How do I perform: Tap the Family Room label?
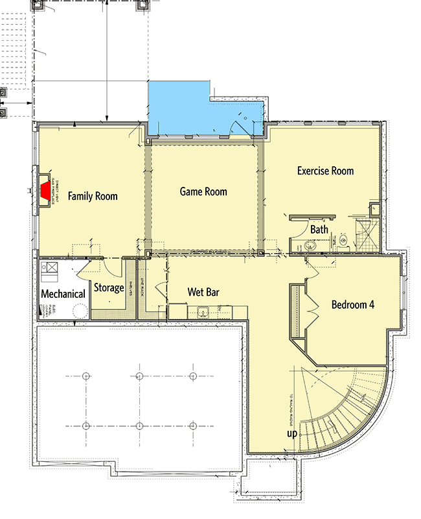coord(93,196)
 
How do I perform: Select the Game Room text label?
coord(203,191)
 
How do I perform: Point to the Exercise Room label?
coord(325,171)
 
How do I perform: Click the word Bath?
coord(319,230)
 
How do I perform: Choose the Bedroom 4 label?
coord(353,304)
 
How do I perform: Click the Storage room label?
coord(109,287)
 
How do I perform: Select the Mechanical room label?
coord(63,294)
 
